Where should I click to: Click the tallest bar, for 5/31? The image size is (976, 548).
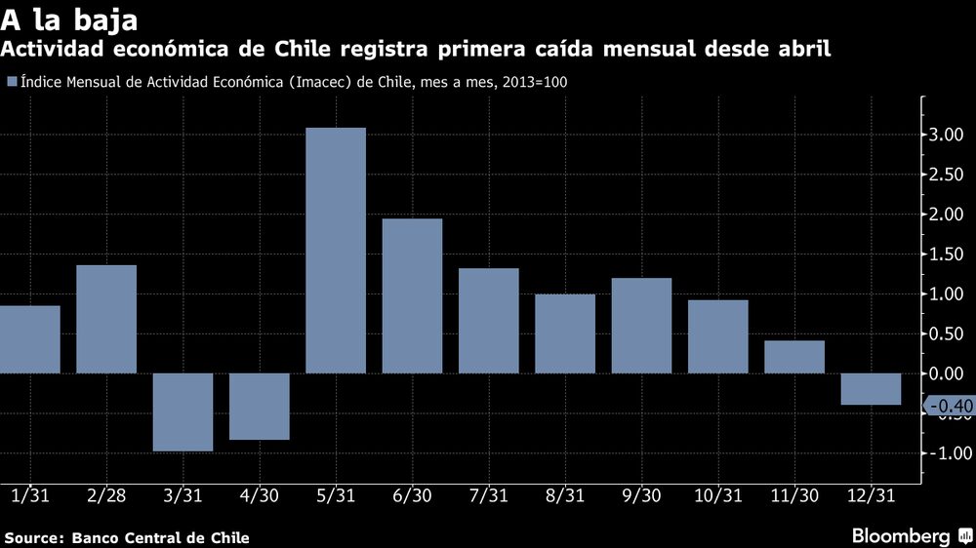(x=335, y=250)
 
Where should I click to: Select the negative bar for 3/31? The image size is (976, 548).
(x=183, y=411)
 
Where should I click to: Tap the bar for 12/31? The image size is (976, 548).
(x=871, y=388)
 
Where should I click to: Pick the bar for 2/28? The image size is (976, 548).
(x=106, y=319)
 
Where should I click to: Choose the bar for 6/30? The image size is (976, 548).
(x=412, y=295)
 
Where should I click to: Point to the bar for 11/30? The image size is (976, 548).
(x=794, y=356)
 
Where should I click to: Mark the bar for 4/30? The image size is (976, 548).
(x=259, y=406)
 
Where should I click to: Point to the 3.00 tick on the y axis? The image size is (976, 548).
(x=949, y=135)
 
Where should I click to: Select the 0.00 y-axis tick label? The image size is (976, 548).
(x=949, y=373)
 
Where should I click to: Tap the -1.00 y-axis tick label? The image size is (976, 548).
(x=947, y=453)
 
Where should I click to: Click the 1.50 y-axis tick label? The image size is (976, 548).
(x=949, y=254)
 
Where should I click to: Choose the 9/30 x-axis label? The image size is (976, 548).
(x=641, y=496)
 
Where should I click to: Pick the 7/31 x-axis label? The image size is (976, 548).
(x=488, y=496)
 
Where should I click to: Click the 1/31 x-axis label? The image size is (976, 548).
(x=29, y=496)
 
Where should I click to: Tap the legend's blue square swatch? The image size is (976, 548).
(x=11, y=83)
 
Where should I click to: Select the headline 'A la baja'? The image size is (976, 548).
(x=67, y=20)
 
